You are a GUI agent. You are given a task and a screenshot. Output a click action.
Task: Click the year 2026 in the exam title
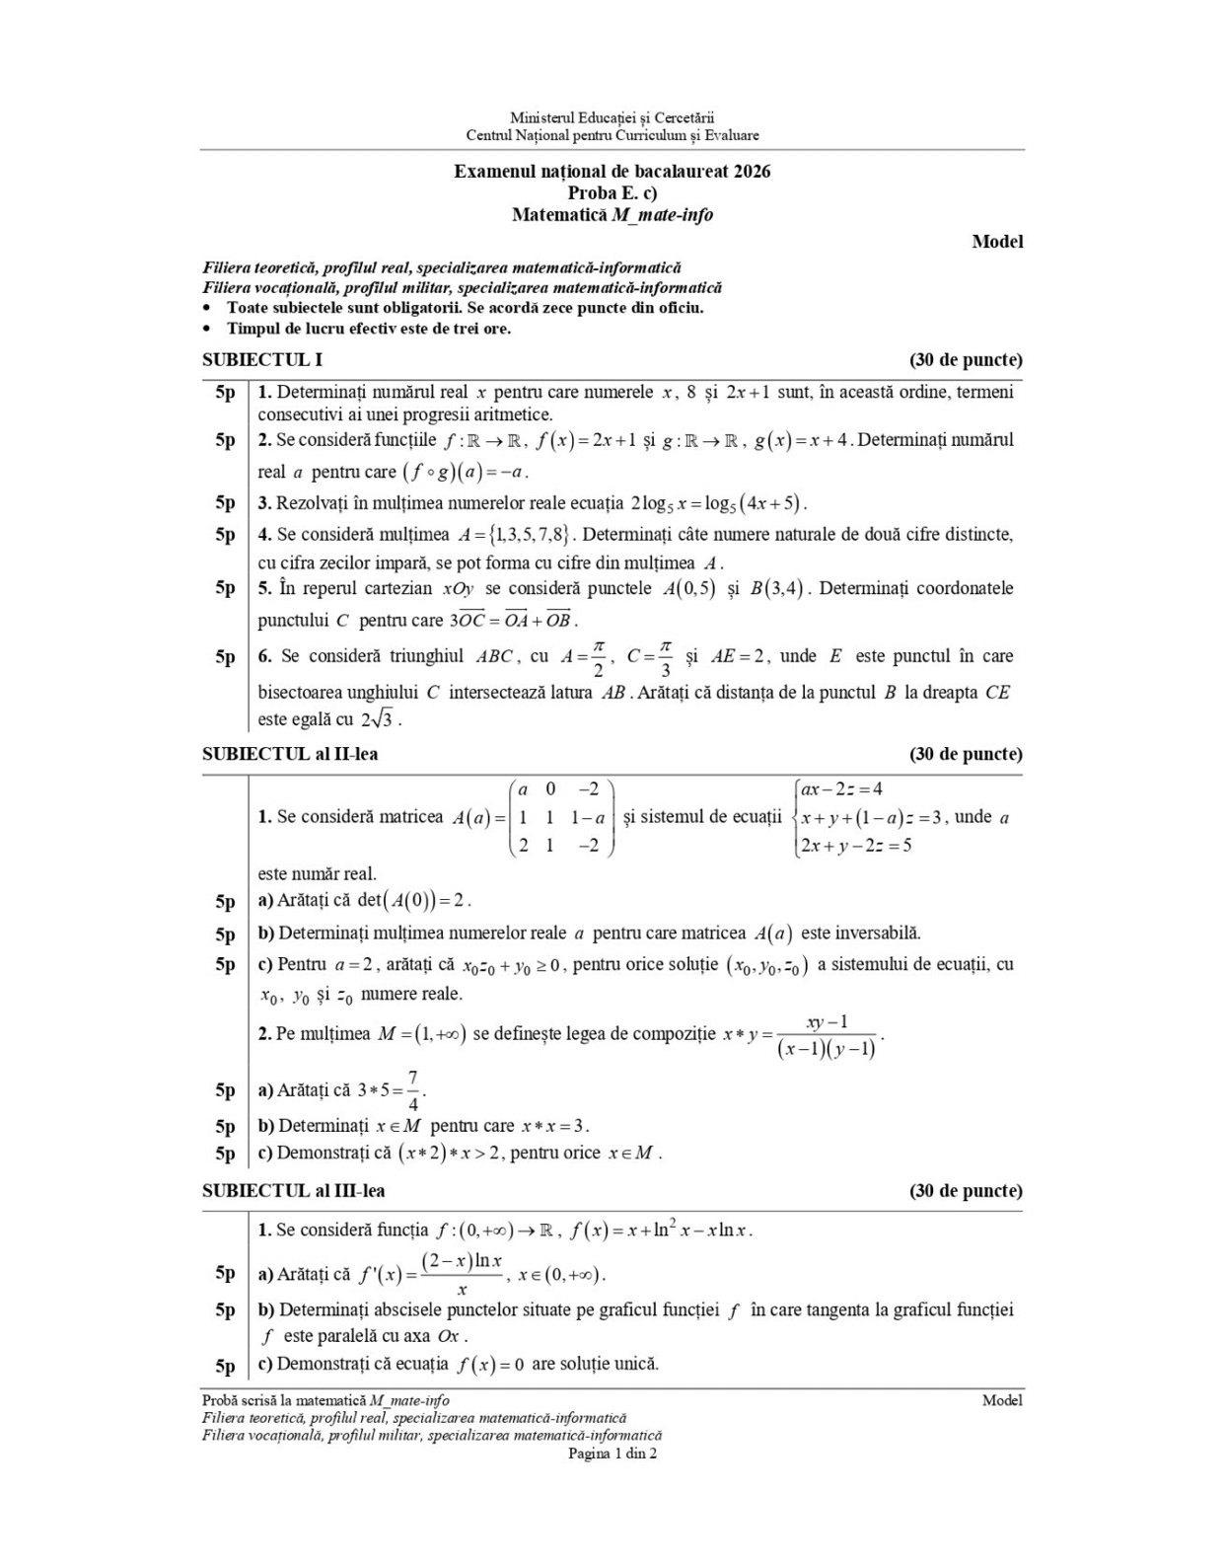tap(752, 171)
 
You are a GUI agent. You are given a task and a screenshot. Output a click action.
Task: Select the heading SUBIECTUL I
tap(262, 359)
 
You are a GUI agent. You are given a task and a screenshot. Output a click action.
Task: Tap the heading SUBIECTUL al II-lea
tap(290, 754)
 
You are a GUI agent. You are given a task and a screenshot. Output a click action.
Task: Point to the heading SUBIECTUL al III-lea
tap(294, 1191)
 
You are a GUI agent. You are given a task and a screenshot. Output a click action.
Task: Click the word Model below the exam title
tap(997, 242)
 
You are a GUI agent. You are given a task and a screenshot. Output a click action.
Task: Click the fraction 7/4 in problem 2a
tap(412, 1090)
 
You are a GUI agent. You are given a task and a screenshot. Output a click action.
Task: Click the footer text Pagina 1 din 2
tap(612, 1454)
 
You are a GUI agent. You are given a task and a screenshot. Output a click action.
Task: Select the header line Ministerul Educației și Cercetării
tap(612, 118)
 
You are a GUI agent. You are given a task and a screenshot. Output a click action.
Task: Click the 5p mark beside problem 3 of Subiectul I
tap(226, 503)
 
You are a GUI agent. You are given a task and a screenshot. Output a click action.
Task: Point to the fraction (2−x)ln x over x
tap(462, 1274)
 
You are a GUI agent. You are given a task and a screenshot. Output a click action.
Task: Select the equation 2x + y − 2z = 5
tap(856, 846)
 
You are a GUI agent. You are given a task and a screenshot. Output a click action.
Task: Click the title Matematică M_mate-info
tap(612, 215)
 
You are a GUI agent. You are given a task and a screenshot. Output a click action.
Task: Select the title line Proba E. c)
tap(612, 193)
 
